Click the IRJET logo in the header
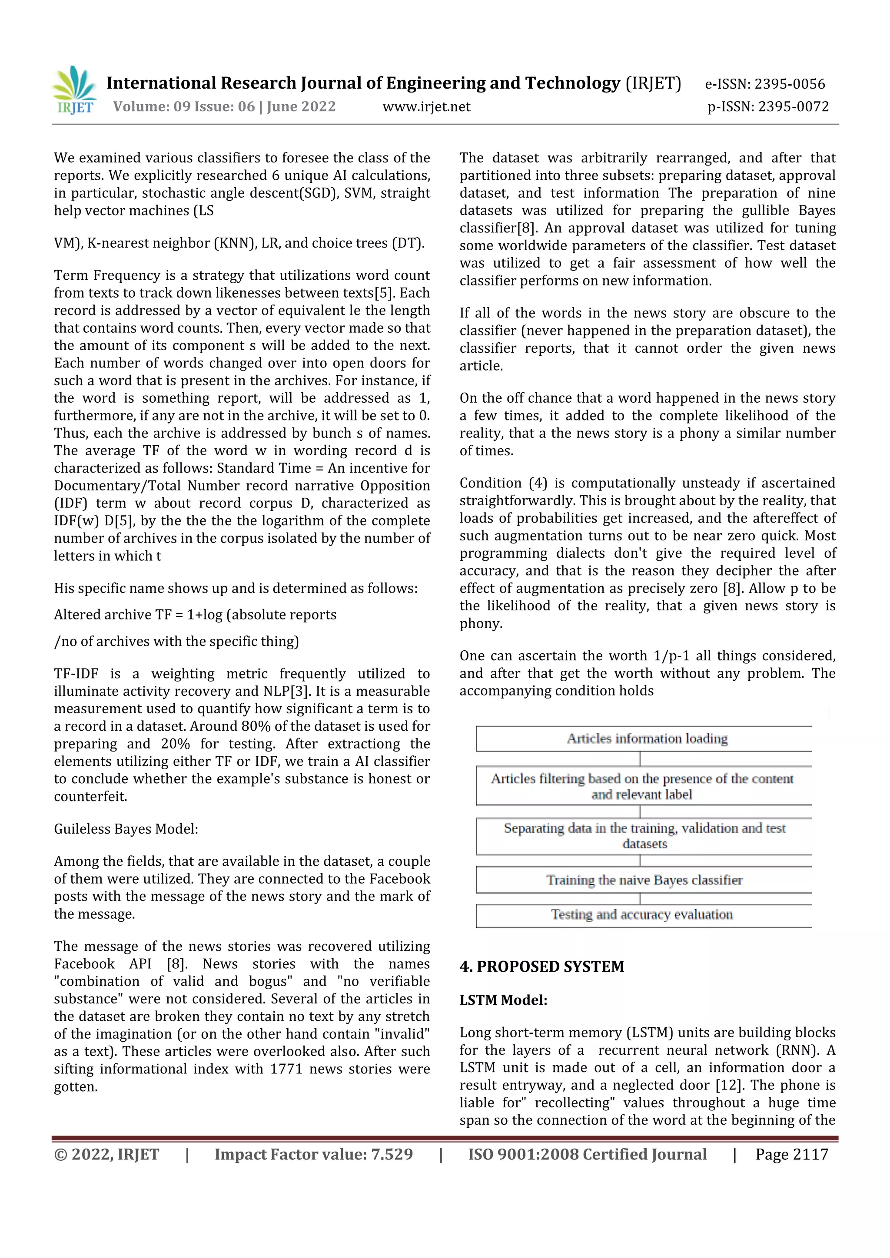75,90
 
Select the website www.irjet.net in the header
426,107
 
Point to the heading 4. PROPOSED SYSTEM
541,967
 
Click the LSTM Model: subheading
503,1000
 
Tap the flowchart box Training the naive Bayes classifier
644,880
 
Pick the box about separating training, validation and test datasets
644,836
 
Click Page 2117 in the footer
791,1155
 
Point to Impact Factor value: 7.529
313,1155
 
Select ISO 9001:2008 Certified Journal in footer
587,1155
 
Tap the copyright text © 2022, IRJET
106,1155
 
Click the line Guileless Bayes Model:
126,829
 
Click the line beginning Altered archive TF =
195,615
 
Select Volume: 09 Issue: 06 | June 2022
224,107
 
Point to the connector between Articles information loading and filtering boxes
640,758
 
